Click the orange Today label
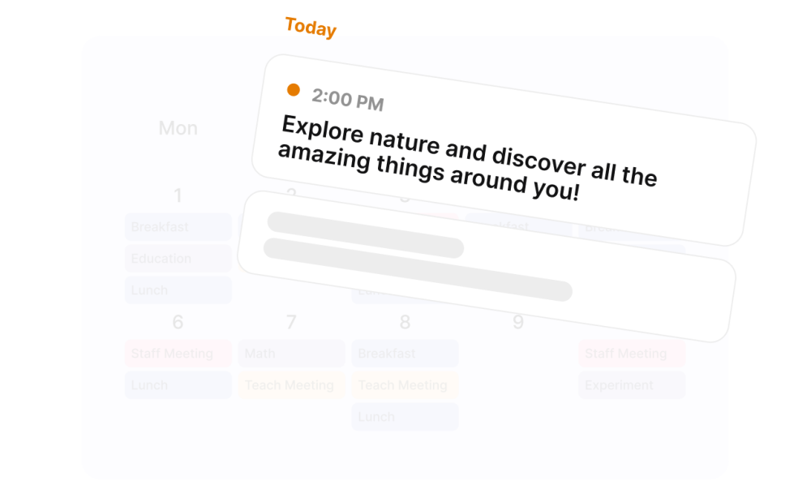click(x=311, y=28)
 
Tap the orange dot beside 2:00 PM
click(x=294, y=90)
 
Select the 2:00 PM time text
click(x=347, y=100)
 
